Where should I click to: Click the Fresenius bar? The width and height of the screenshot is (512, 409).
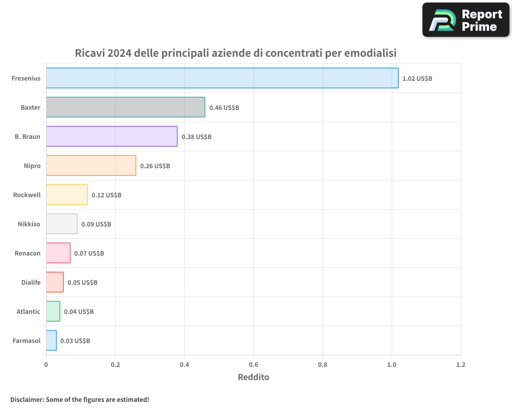(222, 78)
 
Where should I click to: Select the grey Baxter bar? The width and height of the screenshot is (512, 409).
(125, 107)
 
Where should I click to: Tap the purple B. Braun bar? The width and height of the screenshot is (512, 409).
(112, 137)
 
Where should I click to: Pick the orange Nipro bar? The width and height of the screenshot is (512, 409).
(91, 166)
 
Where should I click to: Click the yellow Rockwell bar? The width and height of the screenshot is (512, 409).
(67, 195)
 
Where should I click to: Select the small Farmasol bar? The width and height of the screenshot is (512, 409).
(51, 340)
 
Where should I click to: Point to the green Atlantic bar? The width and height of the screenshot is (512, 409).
(53, 311)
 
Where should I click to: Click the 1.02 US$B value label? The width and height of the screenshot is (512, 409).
(417, 79)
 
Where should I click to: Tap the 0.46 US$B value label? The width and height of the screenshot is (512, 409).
(224, 108)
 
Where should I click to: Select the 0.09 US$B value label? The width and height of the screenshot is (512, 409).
(96, 224)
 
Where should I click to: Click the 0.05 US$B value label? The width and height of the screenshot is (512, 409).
(82, 283)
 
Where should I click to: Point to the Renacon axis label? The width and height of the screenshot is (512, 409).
(28, 254)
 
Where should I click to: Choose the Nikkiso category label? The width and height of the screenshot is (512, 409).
(29, 224)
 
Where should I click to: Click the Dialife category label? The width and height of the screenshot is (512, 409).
(31, 283)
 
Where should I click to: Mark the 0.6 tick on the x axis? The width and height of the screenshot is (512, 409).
(253, 365)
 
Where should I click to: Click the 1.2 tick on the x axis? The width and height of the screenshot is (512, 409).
(461, 365)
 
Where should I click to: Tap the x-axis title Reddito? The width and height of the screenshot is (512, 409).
(253, 377)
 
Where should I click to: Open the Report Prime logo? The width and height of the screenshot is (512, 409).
(466, 20)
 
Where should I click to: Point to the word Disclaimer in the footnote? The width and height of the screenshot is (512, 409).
(26, 399)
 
